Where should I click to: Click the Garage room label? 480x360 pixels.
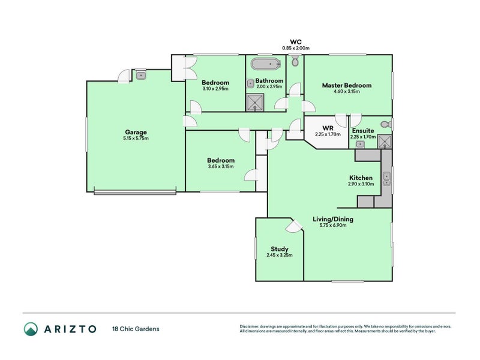136,132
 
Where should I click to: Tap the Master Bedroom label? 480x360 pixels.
347,85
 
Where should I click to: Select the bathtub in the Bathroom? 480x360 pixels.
266,64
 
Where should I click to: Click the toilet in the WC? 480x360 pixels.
295,61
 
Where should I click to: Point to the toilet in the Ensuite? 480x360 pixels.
386,125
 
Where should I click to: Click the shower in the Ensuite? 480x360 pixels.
385,142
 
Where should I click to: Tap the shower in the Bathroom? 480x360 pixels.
254,102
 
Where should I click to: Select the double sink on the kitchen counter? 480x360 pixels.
386,179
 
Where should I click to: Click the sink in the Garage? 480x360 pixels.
141,75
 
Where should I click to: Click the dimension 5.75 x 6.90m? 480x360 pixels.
333,226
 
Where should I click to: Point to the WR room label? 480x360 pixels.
328,128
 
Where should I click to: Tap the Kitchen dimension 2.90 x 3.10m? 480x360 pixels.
361,184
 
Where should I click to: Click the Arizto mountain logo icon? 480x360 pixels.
31,329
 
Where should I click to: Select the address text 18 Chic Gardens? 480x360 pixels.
136,329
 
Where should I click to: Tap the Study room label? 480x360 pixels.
280,249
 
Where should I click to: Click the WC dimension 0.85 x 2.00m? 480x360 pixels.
296,48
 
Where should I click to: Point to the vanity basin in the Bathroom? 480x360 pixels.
250,83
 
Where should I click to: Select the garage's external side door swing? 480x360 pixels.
124,76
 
